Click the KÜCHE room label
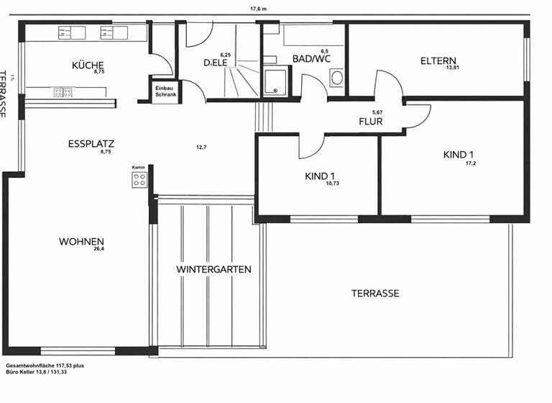pyautogui.click(x=88, y=64)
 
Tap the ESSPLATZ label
pyautogui.click(x=91, y=143)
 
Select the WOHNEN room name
pyautogui.click(x=82, y=241)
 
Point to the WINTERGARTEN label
pyautogui.click(x=213, y=269)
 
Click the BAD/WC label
pyautogui.click(x=311, y=59)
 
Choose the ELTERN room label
pyautogui.click(x=438, y=60)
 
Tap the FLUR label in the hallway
pyautogui.click(x=371, y=122)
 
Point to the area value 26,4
pyautogui.click(x=98, y=249)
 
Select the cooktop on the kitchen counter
pyautogui.click(x=63, y=92)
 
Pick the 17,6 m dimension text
pyautogui.click(x=258, y=9)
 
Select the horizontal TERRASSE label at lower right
pyautogui.click(x=375, y=293)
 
